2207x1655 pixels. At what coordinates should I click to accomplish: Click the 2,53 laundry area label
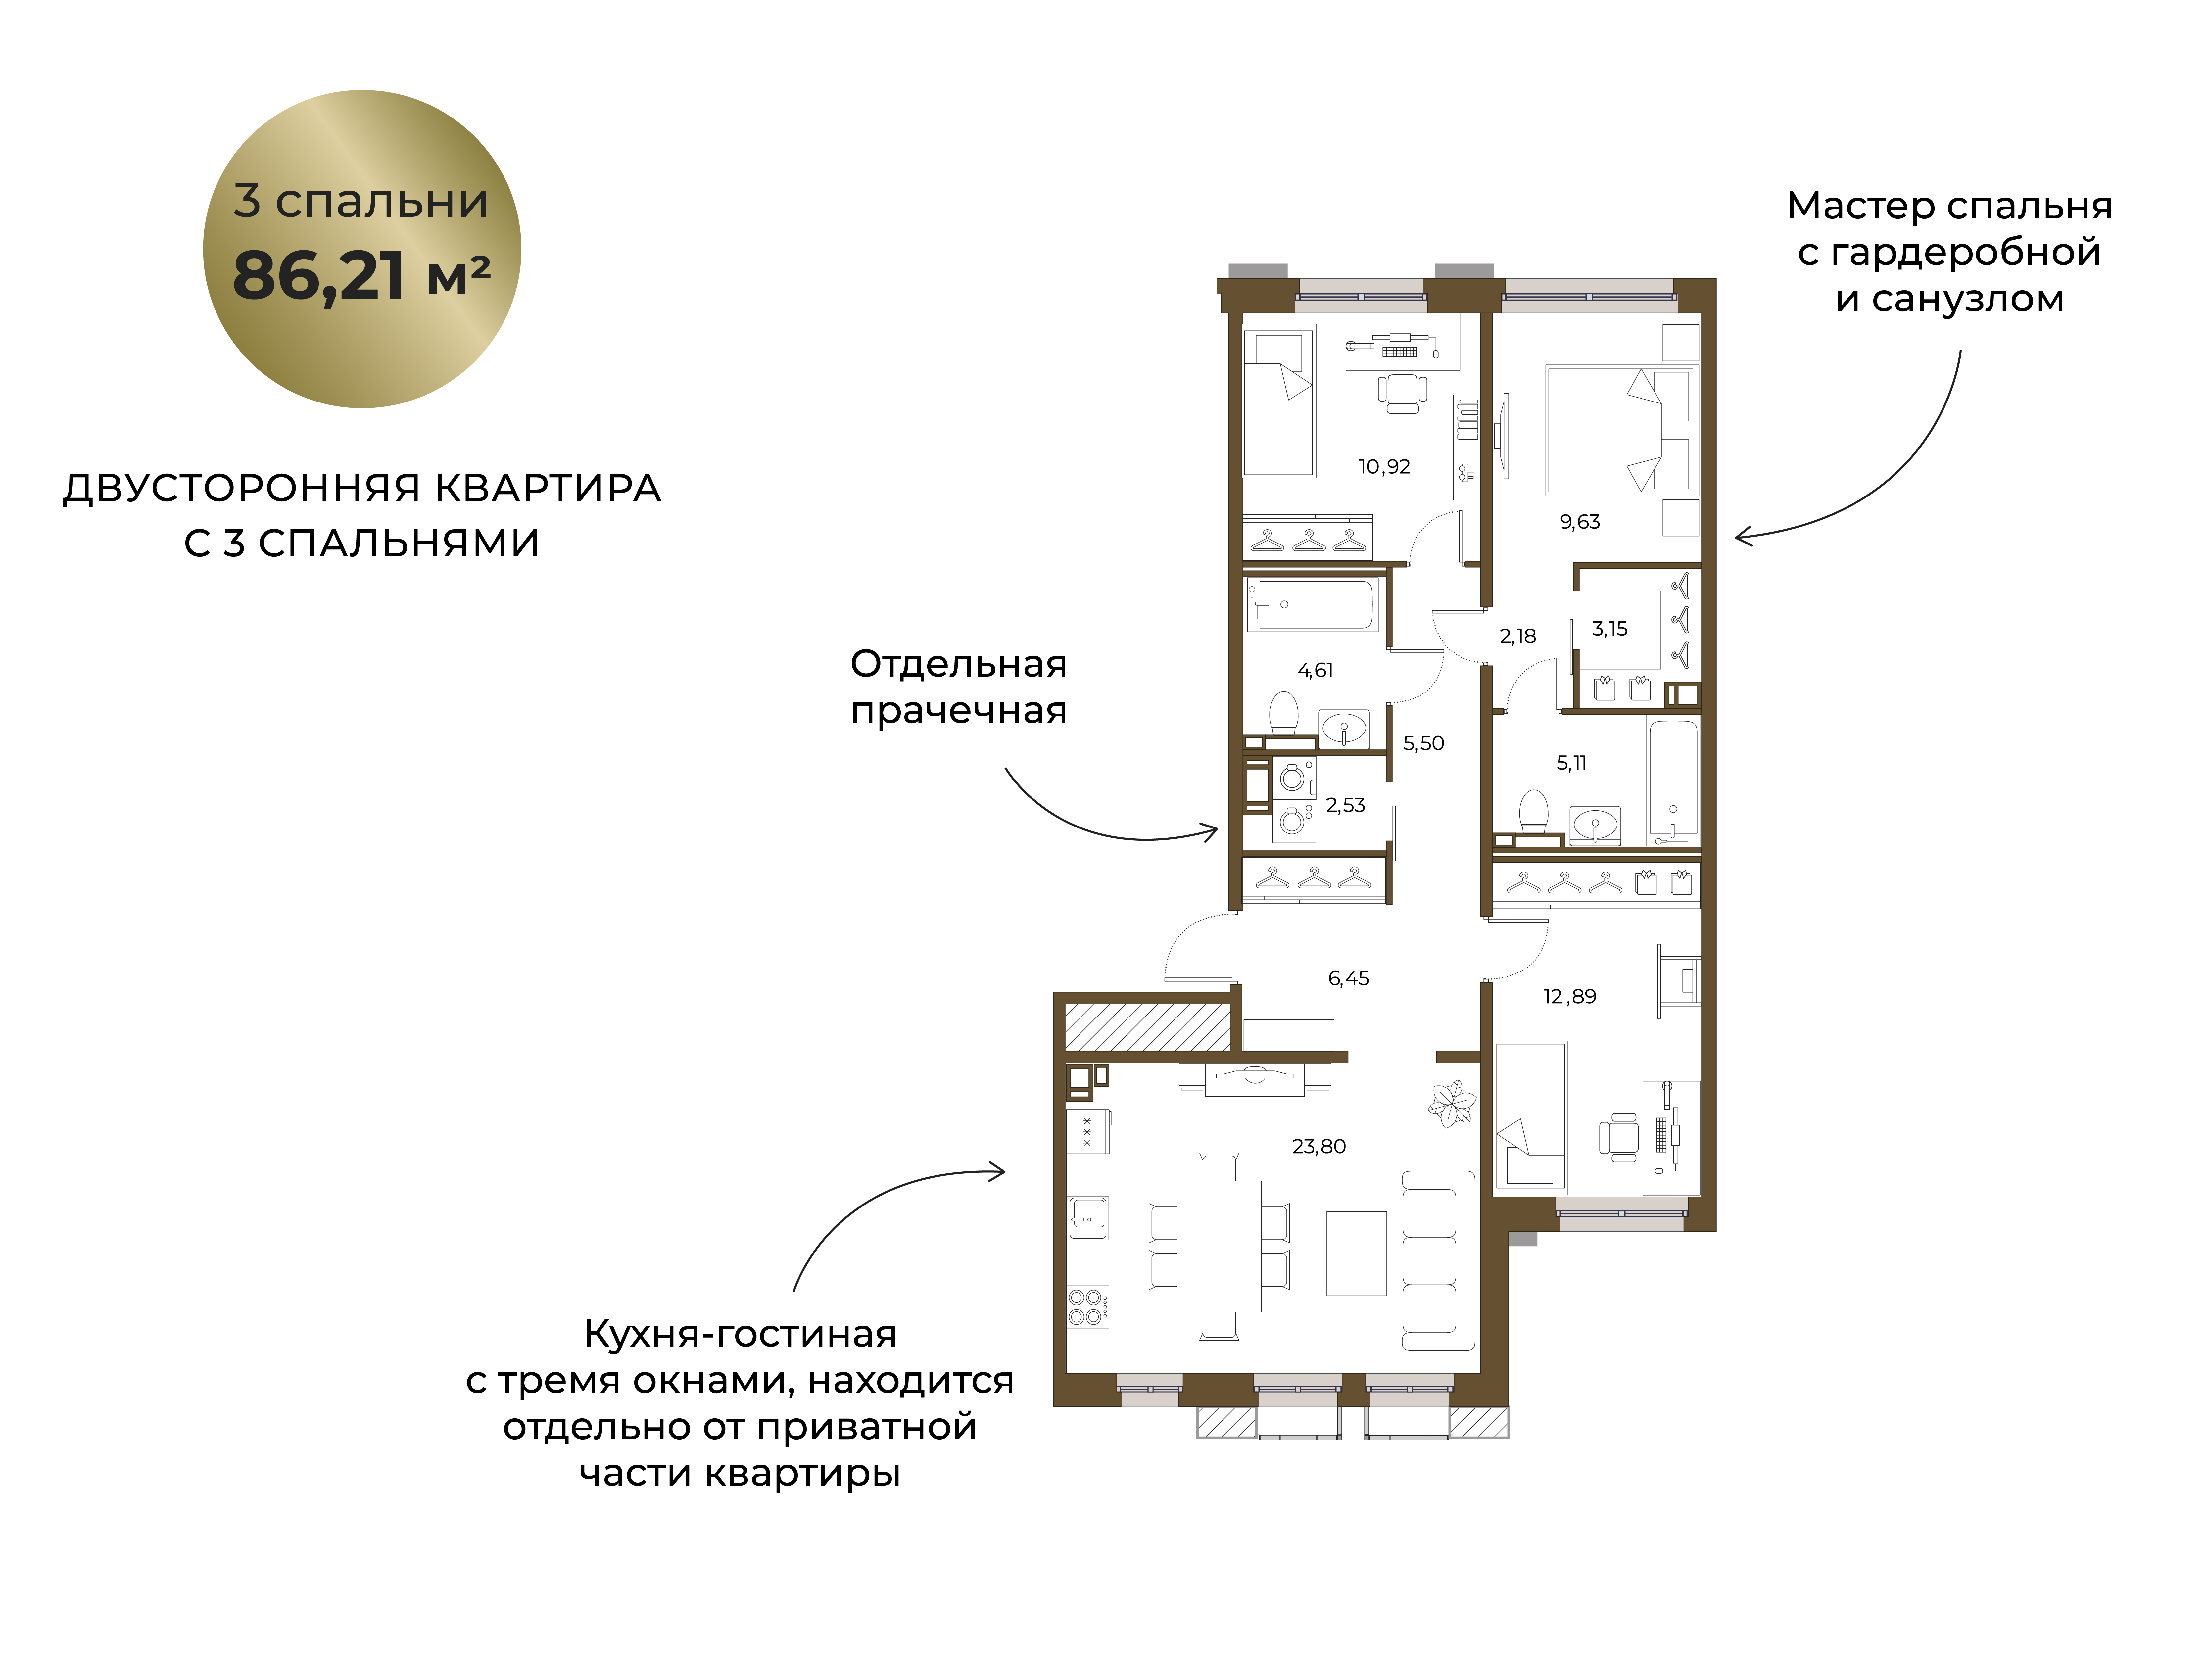tap(1345, 805)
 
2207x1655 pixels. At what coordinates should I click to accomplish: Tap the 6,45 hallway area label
tap(1348, 979)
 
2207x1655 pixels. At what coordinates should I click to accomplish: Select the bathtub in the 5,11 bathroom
tap(1672, 781)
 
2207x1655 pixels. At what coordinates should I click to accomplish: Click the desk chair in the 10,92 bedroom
tap(1402, 392)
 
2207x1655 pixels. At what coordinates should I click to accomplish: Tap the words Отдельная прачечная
tap(959, 687)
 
